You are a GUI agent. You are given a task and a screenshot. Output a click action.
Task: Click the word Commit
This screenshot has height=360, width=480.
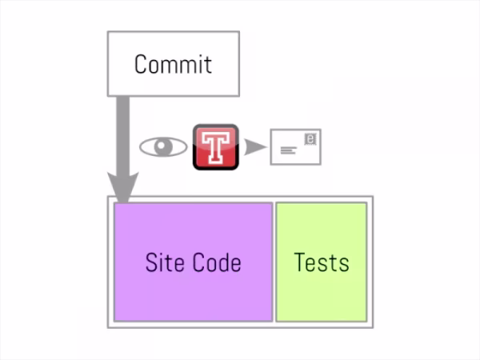coord(173,64)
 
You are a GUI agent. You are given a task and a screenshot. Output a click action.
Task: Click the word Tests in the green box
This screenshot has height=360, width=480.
coord(322,262)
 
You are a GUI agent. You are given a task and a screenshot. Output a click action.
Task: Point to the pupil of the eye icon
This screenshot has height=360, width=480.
coord(163,146)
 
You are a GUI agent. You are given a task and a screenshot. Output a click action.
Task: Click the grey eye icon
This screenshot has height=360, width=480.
coord(163,147)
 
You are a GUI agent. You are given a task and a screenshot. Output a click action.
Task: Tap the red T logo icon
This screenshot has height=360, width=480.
coord(216,147)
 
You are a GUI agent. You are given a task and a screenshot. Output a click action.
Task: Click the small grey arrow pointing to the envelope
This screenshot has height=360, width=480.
coord(255,147)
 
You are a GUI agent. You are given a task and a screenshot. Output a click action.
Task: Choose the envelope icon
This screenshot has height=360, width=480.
coord(296,147)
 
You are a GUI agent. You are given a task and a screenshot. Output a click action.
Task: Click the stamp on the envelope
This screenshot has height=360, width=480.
coord(310,139)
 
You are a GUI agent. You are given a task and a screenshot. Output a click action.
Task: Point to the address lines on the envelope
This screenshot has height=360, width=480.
coord(288,150)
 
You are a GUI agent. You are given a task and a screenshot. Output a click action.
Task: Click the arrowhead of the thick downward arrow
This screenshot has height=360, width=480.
coord(122,187)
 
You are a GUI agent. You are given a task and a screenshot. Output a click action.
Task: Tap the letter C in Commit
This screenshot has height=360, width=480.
coord(141,64)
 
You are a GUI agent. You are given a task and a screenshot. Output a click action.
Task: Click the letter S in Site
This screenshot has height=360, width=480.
coord(151,262)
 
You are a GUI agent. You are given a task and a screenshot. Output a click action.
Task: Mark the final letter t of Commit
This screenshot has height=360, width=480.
coord(208,65)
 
